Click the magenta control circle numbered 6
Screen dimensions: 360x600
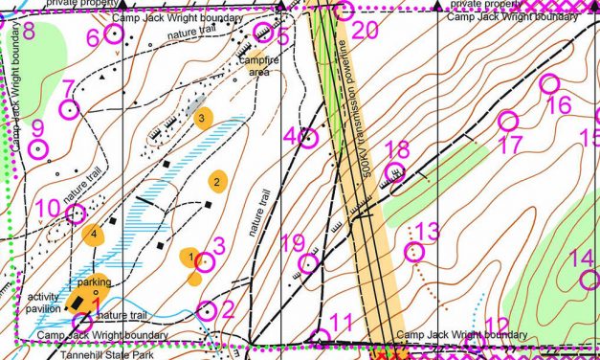click(x=114, y=34)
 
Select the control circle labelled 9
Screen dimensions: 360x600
click(x=38, y=148)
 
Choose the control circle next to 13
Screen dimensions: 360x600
click(x=413, y=252)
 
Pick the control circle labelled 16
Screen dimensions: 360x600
click(x=549, y=84)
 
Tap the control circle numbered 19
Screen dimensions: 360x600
click(x=310, y=263)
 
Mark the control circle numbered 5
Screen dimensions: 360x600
click(x=260, y=35)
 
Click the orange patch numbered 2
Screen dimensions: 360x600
click(x=218, y=180)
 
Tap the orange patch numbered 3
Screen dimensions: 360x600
click(x=202, y=119)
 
